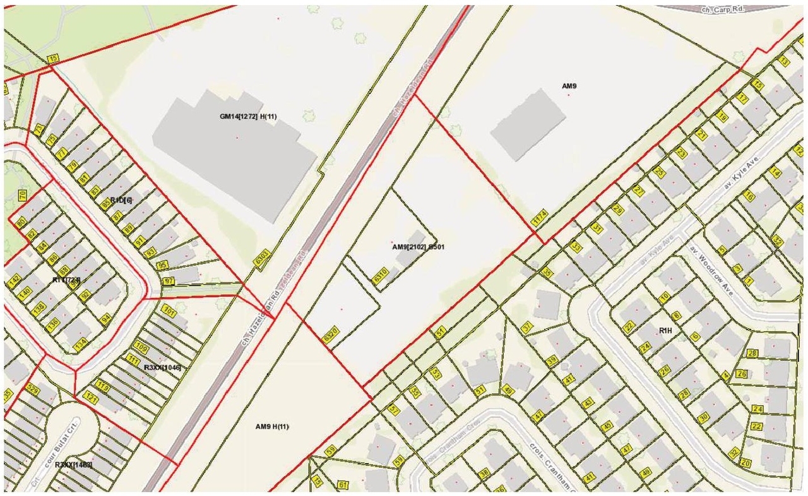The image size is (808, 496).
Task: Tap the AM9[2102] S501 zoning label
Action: pyautogui.click(x=419, y=247)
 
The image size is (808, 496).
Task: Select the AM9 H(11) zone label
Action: pyautogui.click(x=272, y=427)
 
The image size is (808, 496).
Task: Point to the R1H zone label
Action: pyautogui.click(x=666, y=331)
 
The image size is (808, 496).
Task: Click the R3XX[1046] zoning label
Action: pyautogui.click(x=162, y=367)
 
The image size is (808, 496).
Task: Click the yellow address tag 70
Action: pyautogui.click(x=21, y=196)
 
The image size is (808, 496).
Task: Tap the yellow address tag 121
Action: pyautogui.click(x=90, y=398)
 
